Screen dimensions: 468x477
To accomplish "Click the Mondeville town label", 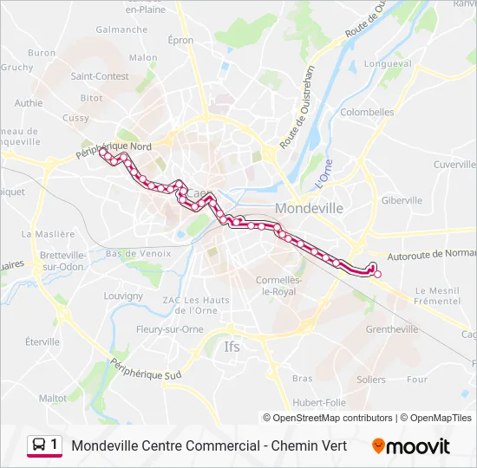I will pyautogui.click(x=309, y=208).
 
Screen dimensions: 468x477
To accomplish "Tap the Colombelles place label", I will pyautogui.click(x=368, y=112).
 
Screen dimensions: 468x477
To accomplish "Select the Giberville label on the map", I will pyautogui.click(x=401, y=200).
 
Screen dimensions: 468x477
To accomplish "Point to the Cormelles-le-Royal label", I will pyautogui.click(x=278, y=285).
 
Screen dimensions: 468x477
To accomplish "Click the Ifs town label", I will pyautogui.click(x=232, y=347).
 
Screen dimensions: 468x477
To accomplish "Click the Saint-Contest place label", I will pyautogui.click(x=101, y=75).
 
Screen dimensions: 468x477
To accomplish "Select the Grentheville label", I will pyautogui.click(x=392, y=329).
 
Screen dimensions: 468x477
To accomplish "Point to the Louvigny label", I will pyautogui.click(x=123, y=296).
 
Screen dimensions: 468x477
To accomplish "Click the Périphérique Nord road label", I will pyautogui.click(x=114, y=153).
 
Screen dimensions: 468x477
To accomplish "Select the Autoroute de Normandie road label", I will pyautogui.click(x=431, y=255).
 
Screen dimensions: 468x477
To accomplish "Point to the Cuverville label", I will pyautogui.click(x=454, y=164).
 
